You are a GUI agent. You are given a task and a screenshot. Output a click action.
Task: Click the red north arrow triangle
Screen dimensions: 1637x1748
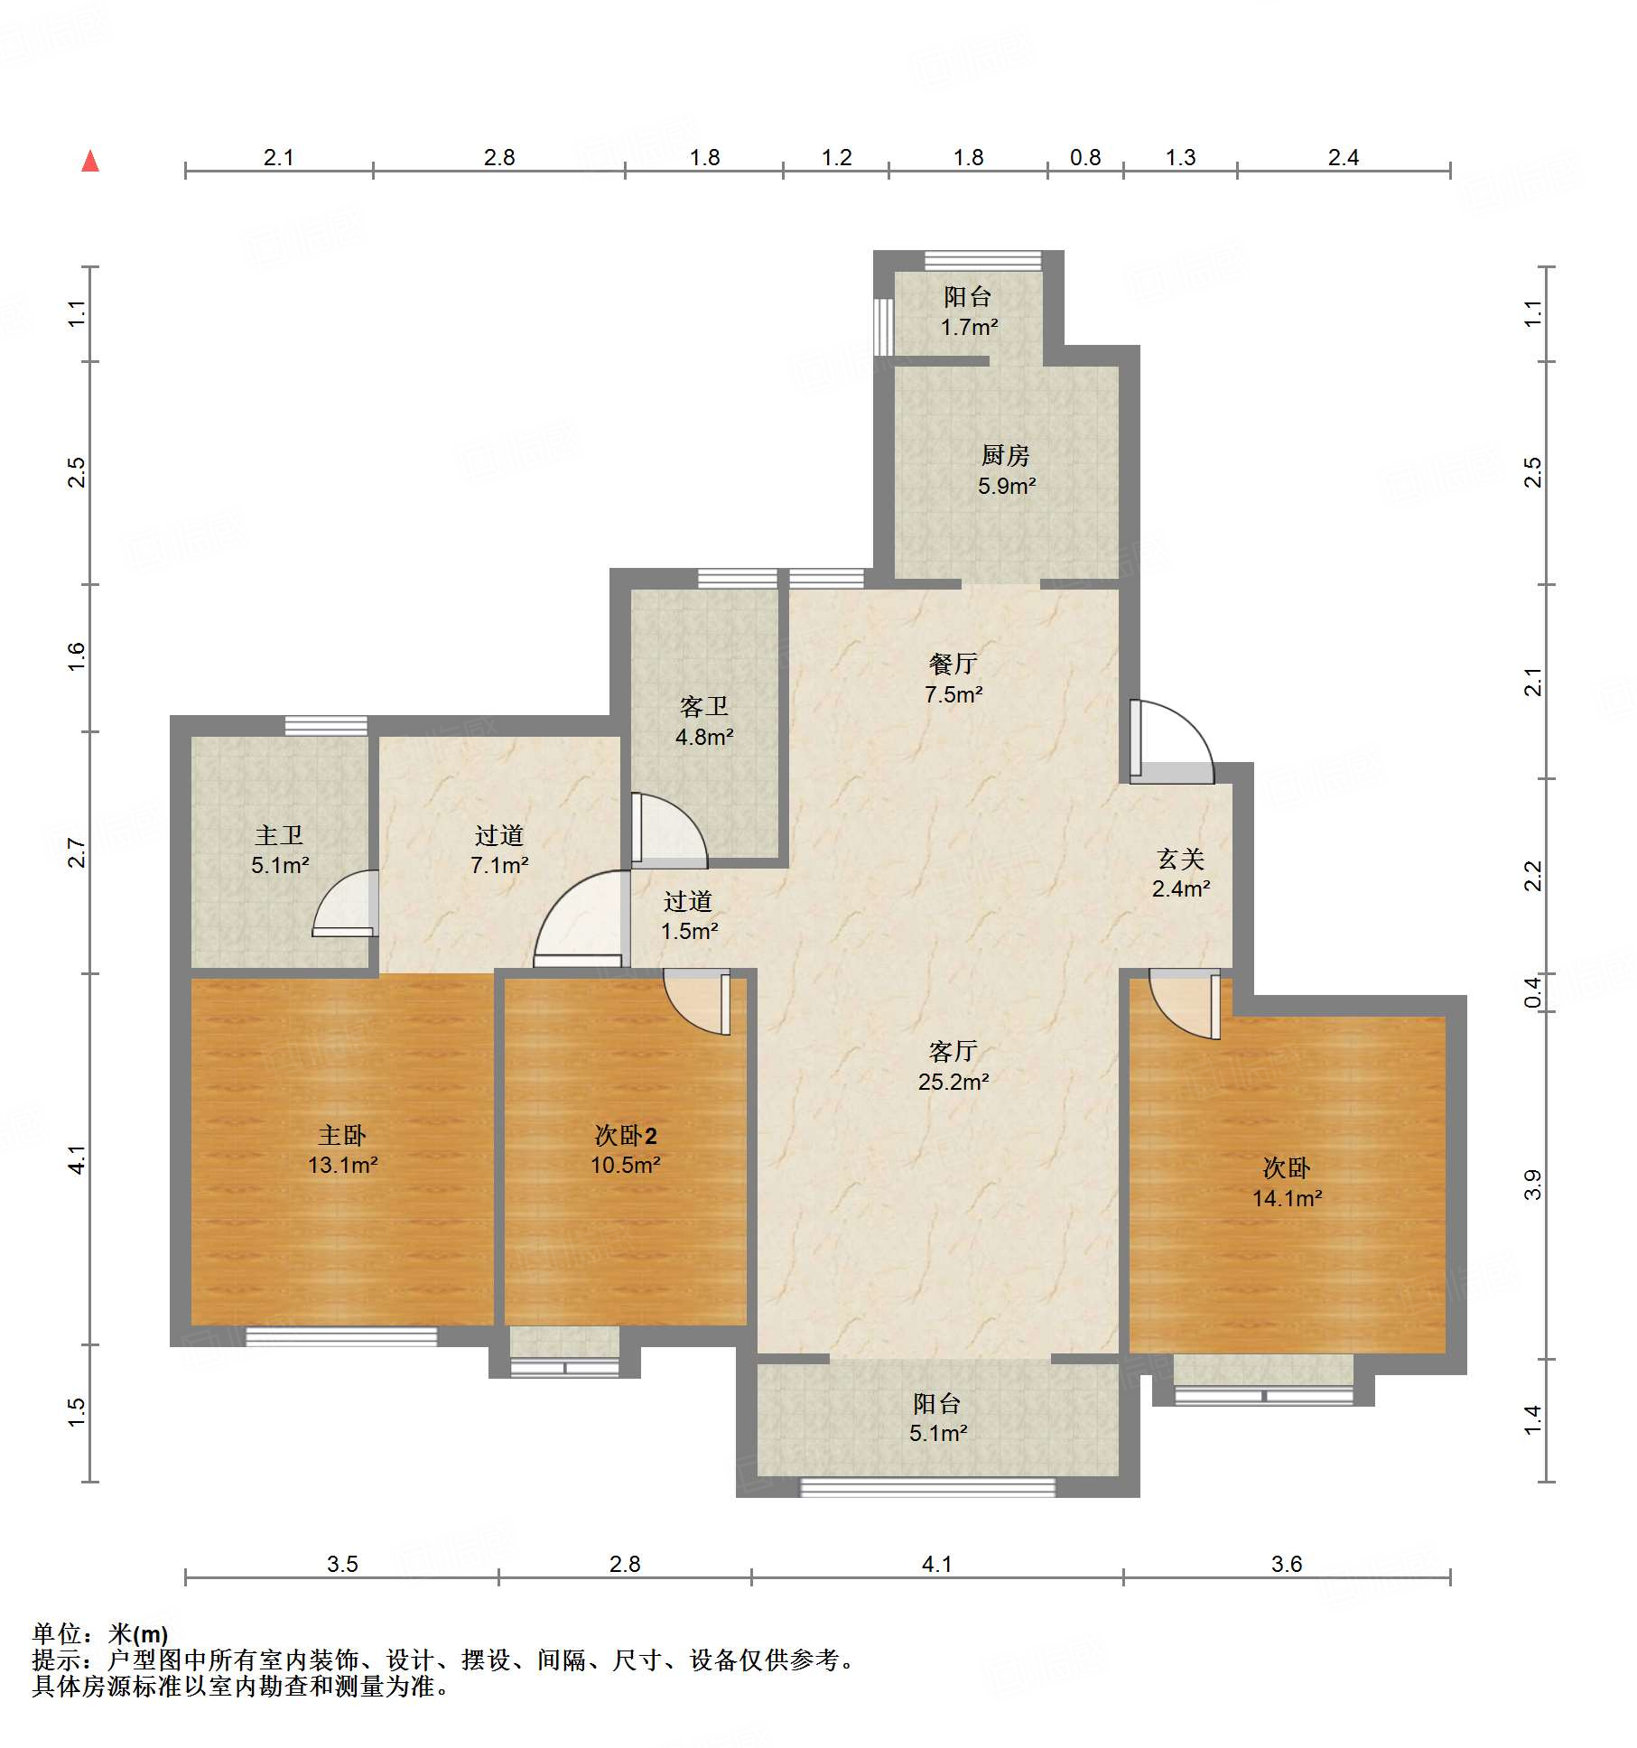[90, 162]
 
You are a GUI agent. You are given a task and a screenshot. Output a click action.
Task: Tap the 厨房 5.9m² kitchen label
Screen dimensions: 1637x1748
[1006, 470]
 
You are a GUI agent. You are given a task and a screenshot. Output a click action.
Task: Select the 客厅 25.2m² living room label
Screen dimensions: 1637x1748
[953, 1066]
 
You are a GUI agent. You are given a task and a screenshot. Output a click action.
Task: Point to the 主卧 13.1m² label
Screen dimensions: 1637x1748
[342, 1149]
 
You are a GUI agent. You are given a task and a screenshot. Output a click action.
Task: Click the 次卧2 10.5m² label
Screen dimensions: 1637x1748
[626, 1149]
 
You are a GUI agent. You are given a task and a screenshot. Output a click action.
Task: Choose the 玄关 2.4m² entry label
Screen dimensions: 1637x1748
[1181, 873]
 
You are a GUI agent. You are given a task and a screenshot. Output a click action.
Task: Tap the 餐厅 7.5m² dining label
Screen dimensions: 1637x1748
[953, 679]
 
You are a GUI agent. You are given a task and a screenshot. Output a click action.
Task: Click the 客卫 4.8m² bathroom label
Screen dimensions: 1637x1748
[704, 721]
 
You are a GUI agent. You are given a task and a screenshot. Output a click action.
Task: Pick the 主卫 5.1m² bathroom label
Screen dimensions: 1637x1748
[280, 850]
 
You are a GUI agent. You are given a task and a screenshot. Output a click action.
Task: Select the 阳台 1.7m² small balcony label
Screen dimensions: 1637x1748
[969, 311]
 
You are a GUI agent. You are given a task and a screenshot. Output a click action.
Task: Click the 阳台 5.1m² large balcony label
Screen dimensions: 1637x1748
[938, 1418]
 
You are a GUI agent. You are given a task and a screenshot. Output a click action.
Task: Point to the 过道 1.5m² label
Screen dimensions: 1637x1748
[689, 916]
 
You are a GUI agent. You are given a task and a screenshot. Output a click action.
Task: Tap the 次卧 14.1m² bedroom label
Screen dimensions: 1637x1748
[1287, 1183]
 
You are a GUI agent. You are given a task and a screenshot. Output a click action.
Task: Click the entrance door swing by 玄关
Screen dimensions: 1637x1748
[1171, 741]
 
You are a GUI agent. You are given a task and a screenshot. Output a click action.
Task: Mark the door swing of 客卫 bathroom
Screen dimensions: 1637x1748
[669, 831]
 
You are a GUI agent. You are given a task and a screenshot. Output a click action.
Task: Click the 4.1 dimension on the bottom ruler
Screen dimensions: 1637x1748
[937, 1564]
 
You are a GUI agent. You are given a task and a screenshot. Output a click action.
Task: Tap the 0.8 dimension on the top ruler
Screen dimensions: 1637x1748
[1085, 158]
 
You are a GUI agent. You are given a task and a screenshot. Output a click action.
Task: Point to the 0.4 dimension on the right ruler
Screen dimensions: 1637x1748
[1533, 992]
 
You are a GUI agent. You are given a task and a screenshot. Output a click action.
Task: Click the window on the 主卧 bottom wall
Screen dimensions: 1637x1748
[341, 1336]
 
